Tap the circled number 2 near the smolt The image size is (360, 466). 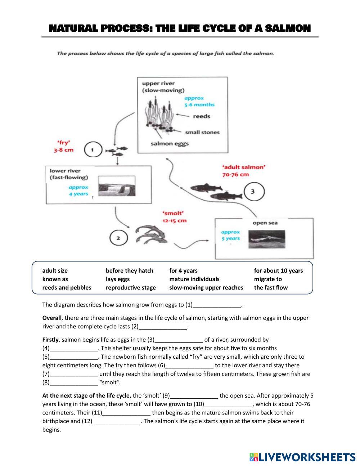click(118, 238)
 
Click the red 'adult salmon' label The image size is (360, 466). click(243, 171)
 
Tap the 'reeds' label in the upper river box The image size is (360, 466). click(201, 116)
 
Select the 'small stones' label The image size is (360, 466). click(202, 132)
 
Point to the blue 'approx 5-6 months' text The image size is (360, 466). click(199, 101)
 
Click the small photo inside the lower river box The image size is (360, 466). click(117, 187)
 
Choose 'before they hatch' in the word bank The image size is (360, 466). click(130, 270)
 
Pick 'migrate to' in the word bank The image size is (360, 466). click(268, 279)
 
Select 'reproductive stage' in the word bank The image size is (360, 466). click(131, 287)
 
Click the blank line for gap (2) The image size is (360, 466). click(163, 327)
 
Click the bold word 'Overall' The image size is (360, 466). click(52, 318)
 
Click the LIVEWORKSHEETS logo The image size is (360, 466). click(302, 457)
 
